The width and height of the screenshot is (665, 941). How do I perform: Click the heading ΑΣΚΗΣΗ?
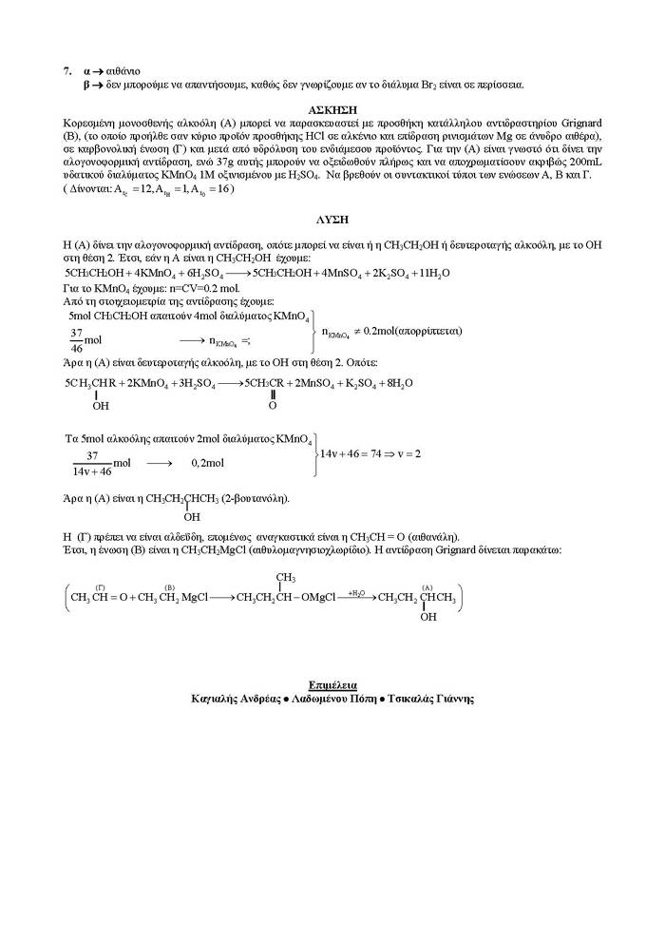[332, 110]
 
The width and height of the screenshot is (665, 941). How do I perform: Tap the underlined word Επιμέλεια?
[332, 684]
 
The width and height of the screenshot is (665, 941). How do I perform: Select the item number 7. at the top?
[67, 70]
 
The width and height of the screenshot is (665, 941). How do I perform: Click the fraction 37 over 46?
[76, 338]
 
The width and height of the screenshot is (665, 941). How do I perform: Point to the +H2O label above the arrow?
[356, 592]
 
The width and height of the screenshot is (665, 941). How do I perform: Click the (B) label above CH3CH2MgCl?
[169, 587]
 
